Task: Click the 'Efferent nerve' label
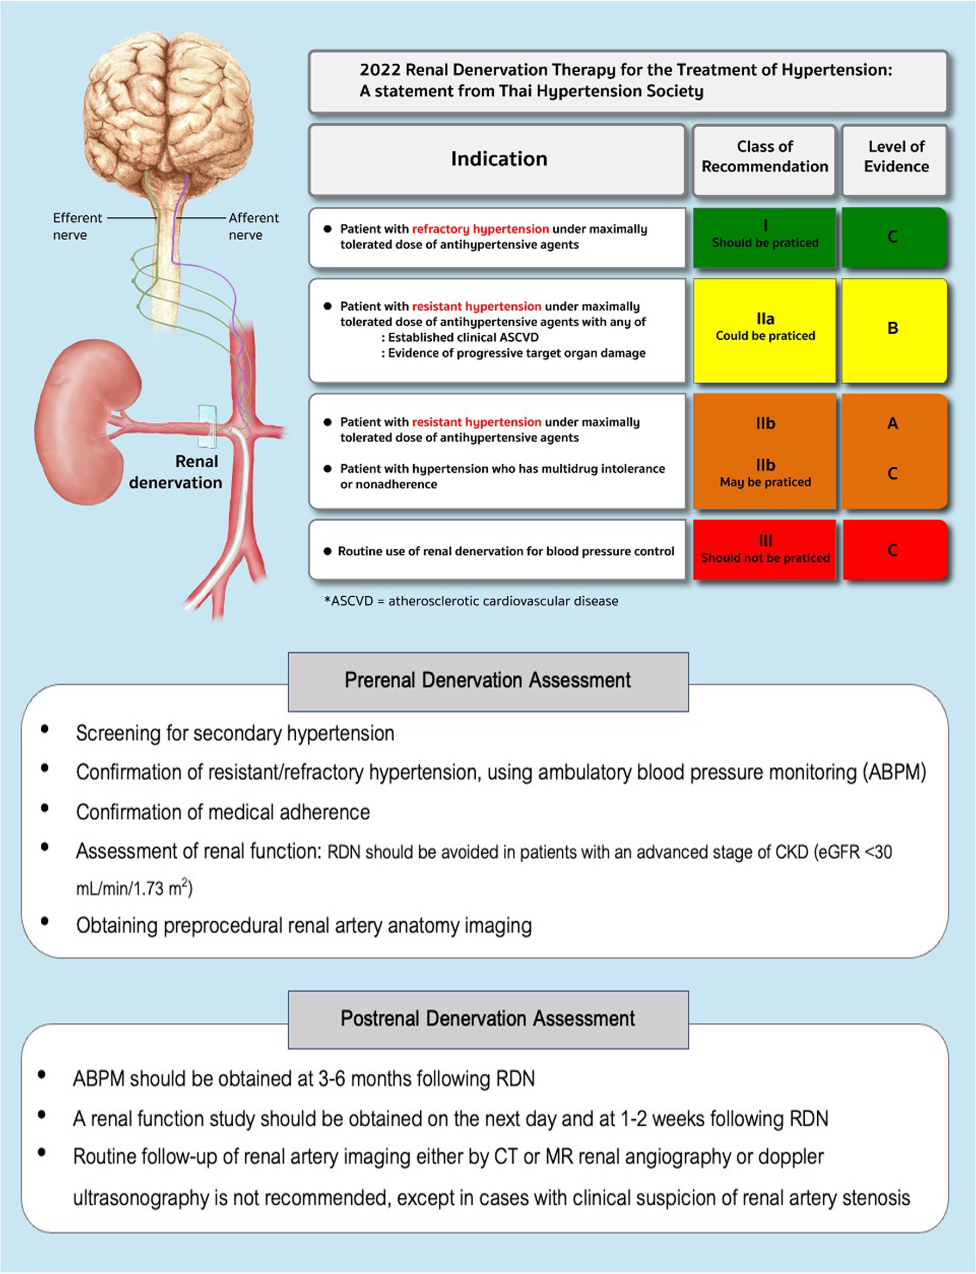click(77, 226)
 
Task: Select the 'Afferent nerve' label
click(253, 226)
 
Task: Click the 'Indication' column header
click(499, 159)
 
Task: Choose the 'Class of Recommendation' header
click(764, 157)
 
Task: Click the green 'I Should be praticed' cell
click(764, 237)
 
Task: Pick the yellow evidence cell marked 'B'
click(893, 329)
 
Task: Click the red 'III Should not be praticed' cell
click(764, 550)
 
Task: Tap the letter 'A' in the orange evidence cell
click(893, 423)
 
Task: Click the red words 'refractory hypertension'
click(480, 229)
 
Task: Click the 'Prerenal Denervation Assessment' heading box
click(488, 681)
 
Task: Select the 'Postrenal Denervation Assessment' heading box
click(488, 1019)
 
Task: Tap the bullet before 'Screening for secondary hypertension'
click(45, 729)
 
